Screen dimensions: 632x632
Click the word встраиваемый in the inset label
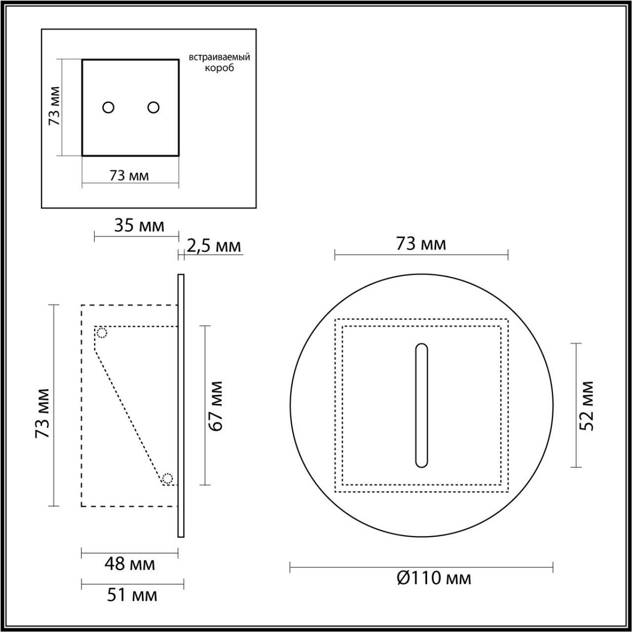219,57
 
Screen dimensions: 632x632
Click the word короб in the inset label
219,68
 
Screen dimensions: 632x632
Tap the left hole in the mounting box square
108,107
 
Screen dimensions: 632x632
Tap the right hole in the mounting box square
153,107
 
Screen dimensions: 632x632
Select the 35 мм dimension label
139,226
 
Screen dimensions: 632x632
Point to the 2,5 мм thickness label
214,245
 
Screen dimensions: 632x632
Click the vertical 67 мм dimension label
216,406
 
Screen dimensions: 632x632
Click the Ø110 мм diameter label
433,578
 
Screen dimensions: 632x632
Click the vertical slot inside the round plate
421,406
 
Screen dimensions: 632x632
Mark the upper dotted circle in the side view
102,333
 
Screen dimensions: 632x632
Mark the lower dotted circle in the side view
167,478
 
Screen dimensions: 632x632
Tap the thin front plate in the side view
181,406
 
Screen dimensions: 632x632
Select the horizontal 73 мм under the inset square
129,176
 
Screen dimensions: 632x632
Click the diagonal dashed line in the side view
129,416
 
